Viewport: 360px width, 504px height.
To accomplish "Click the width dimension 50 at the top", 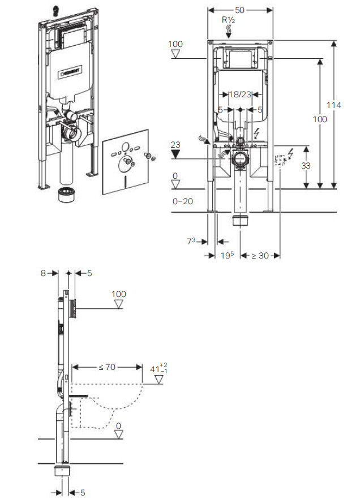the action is pos(239,10).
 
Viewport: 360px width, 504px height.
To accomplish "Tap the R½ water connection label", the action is pos(229,20).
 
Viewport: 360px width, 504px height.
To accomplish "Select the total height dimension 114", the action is pos(333,105).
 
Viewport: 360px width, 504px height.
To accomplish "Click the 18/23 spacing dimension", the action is pos(240,94).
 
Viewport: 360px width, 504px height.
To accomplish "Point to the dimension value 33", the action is pos(306,166).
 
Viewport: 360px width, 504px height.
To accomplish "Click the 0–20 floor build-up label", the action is pos(183,201).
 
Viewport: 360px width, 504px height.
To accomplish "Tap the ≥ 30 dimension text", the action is pos(260,256).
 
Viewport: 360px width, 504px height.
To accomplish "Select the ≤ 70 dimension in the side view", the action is pos(107,367).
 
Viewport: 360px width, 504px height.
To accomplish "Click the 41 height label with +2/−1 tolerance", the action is pos(159,368).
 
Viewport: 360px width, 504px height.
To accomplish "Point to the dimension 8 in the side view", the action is pos(44,273).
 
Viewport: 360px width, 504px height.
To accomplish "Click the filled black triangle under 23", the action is pos(175,154).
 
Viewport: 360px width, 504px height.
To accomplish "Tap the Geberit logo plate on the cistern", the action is pos(69,72).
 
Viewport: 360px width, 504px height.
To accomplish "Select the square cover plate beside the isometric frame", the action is pos(126,162).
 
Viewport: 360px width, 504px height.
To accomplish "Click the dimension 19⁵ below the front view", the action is pos(227,255).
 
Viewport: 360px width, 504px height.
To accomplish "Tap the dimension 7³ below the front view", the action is pos(191,241).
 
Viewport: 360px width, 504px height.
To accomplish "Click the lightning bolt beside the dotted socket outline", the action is pos(290,154).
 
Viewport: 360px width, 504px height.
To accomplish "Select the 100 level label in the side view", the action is pos(119,294).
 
